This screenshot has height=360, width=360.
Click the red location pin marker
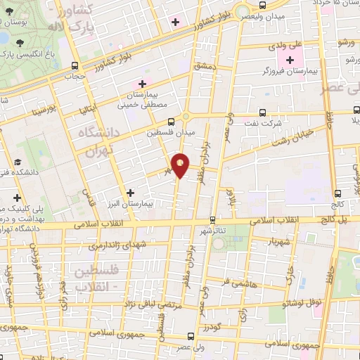pyautogui.click(x=181, y=165)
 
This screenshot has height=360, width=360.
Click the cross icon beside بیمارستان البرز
pyautogui.click(x=129, y=192)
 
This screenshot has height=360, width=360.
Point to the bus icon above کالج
pyautogui.click(x=338, y=193)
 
